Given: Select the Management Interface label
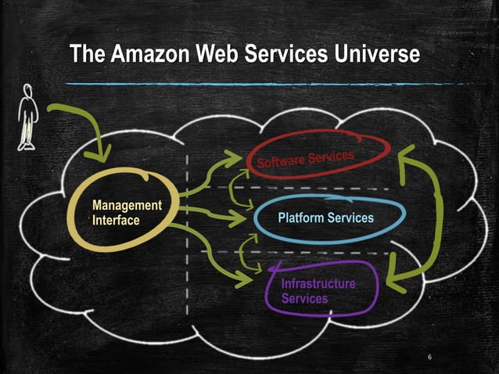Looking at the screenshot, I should pyautogui.click(x=126, y=213).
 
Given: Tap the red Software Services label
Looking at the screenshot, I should pyautogui.click(x=306, y=156).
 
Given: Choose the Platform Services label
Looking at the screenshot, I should pyautogui.click(x=325, y=218).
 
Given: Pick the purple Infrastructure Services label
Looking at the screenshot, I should pyautogui.click(x=318, y=291).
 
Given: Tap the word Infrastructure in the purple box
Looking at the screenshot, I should pyautogui.click(x=318, y=283).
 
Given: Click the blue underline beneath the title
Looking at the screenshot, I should pyautogui.click(x=242, y=82).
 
